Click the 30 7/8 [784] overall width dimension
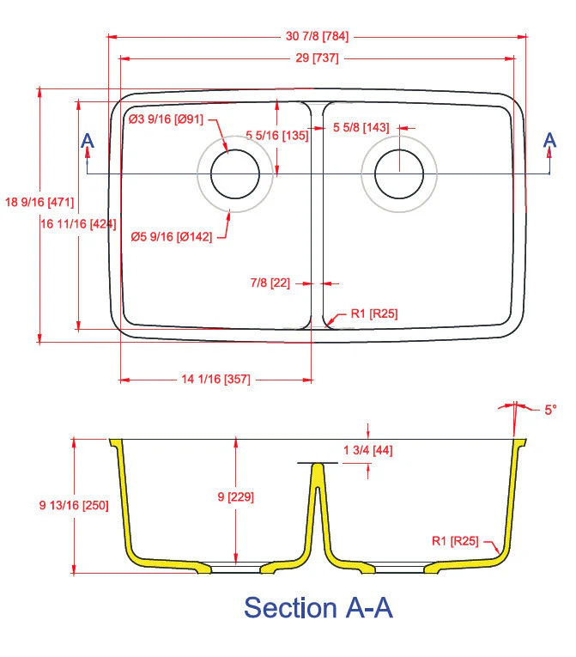[x=318, y=37]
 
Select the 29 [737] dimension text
[x=318, y=58]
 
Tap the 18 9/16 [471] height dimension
[x=39, y=203]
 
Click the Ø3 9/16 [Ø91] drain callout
[x=166, y=119]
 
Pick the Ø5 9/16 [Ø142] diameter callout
[x=172, y=237]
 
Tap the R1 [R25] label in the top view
[x=374, y=314]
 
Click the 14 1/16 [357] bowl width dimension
[x=215, y=380]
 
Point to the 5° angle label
[x=549, y=410]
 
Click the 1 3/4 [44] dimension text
[x=367, y=450]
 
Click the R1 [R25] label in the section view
[x=455, y=541]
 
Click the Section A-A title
[x=318, y=607]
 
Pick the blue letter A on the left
[x=87, y=141]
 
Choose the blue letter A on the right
[x=550, y=141]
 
